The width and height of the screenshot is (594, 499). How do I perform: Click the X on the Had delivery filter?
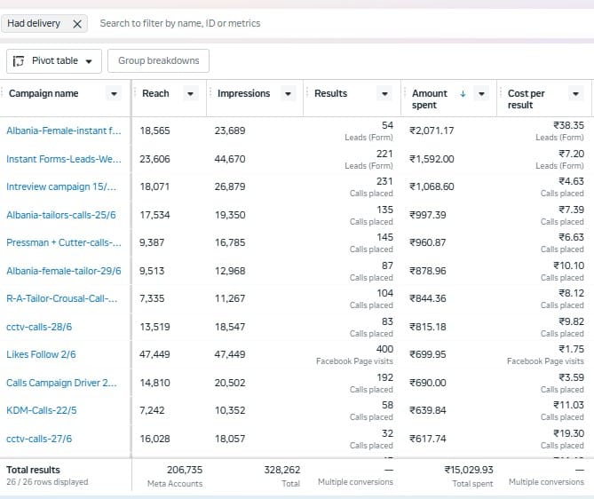pyautogui.click(x=77, y=24)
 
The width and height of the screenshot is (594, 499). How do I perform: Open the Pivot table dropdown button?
pyautogui.click(x=54, y=61)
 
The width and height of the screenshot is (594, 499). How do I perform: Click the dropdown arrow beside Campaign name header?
pyautogui.click(x=114, y=93)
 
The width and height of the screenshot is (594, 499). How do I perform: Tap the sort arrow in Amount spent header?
pyautogui.click(x=463, y=93)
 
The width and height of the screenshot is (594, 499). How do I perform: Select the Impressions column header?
pyautogui.click(x=243, y=93)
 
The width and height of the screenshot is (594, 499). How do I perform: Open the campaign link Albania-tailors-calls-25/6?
pyautogui.click(x=61, y=215)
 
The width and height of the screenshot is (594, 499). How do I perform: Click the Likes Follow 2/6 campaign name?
pyautogui.click(x=41, y=354)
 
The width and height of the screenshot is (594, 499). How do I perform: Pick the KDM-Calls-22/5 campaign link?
pyautogui.click(x=42, y=410)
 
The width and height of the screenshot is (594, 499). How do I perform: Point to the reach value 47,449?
pyautogui.click(x=154, y=354)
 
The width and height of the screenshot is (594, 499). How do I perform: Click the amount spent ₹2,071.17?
pyautogui.click(x=432, y=131)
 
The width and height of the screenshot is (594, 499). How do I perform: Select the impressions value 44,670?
pyautogui.click(x=230, y=159)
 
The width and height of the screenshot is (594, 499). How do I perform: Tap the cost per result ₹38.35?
pyautogui.click(x=568, y=125)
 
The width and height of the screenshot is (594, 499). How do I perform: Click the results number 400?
pyautogui.click(x=384, y=349)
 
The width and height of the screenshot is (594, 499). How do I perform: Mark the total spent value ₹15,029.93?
pyautogui.click(x=469, y=470)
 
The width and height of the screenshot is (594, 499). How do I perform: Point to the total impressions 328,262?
pyautogui.click(x=282, y=470)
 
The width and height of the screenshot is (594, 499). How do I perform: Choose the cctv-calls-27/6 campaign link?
pyautogui.click(x=39, y=439)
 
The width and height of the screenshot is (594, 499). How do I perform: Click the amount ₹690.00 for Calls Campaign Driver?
pyautogui.click(x=428, y=383)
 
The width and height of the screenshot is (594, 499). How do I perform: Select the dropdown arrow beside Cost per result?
pyautogui.click(x=575, y=93)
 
